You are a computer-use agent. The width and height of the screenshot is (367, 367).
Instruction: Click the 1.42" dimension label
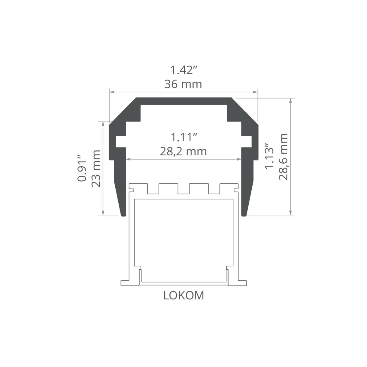coord(183,70)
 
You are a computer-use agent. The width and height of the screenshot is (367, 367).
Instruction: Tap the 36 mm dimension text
coord(183,84)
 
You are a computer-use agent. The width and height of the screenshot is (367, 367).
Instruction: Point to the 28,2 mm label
coord(183,152)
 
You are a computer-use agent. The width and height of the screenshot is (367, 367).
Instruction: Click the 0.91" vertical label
coord(82,168)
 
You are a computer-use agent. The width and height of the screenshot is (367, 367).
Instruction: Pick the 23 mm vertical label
coord(96,168)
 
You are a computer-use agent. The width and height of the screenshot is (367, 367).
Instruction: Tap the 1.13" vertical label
coord(269,156)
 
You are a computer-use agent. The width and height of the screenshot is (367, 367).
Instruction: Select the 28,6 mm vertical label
coord(283,157)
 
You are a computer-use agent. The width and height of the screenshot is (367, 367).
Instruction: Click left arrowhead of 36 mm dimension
coord(112,92)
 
